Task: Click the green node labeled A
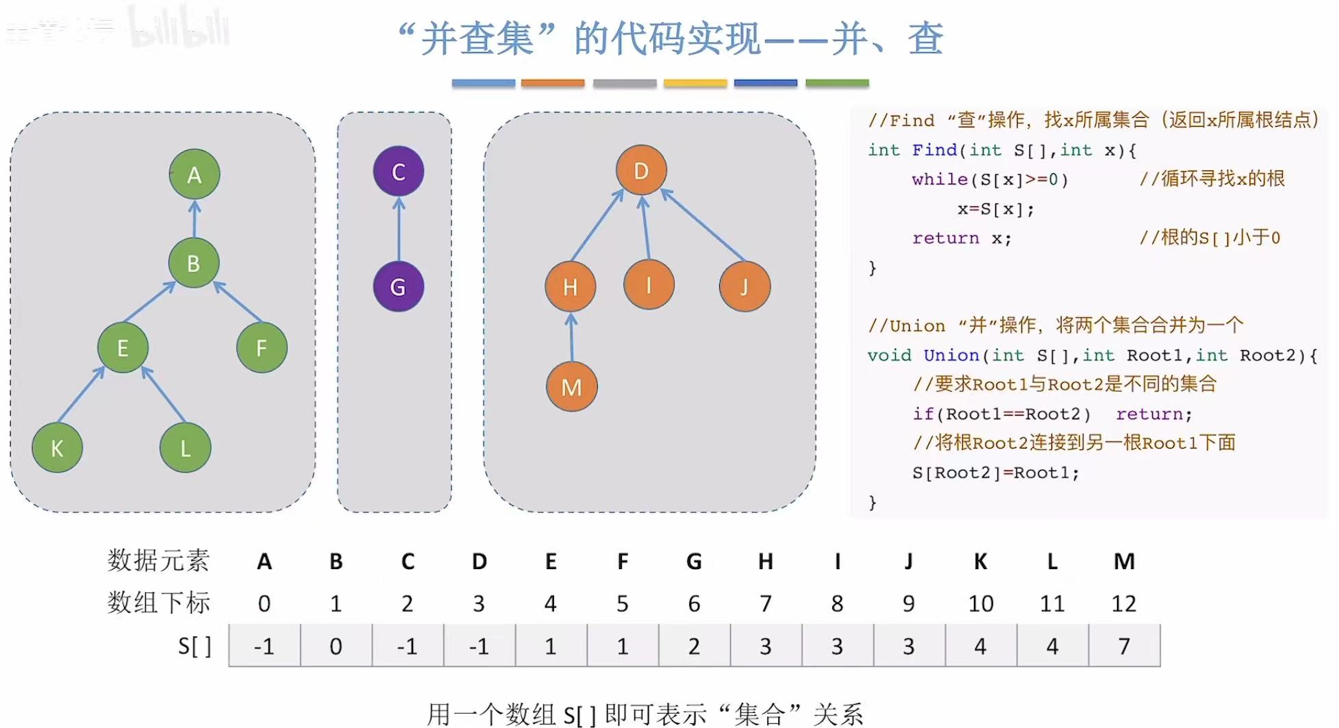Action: (x=195, y=175)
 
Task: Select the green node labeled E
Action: (x=123, y=348)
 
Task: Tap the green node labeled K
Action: (x=57, y=448)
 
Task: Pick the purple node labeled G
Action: (x=398, y=286)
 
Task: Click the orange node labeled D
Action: (x=641, y=171)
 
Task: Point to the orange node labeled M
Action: (x=571, y=387)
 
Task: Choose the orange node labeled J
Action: (x=744, y=286)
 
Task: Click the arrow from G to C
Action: (x=399, y=229)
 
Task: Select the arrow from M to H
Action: (x=571, y=337)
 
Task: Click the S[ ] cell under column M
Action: (x=1124, y=646)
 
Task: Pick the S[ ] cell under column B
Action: (x=336, y=646)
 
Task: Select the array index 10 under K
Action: (x=981, y=603)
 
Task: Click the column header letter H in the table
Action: (x=765, y=562)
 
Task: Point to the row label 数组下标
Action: (x=158, y=603)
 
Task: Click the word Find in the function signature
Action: (x=934, y=150)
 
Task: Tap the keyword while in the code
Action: (x=939, y=179)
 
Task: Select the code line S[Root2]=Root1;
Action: (x=995, y=473)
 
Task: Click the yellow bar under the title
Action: (x=695, y=83)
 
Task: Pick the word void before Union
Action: (x=889, y=355)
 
